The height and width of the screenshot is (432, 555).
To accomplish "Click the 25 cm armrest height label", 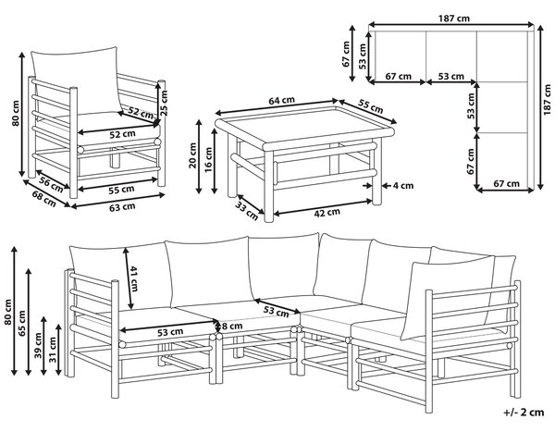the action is coord(164,103).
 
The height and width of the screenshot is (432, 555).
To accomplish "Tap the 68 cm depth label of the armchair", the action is coord(43,199).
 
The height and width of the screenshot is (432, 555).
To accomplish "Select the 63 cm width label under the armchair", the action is coord(122,207).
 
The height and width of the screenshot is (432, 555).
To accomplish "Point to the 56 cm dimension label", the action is coord(51,184).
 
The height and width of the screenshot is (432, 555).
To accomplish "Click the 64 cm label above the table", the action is coord(281,101).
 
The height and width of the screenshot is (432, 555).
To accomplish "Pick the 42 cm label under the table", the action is coord(327,213).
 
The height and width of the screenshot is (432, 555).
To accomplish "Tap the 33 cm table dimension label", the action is coord(247,211).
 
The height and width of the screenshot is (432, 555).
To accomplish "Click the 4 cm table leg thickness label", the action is coord(402,186).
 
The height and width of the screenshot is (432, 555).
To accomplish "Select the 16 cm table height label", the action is coord(209,160).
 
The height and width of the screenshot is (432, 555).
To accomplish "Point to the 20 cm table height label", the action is coord(193,155).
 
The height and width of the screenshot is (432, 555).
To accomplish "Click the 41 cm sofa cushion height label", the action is coord(133,278).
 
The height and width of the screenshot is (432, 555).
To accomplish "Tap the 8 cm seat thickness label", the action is coord(232,326).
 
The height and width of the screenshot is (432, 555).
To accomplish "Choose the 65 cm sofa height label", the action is coord(22,323).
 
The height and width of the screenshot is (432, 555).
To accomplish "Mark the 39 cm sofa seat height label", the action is coord(38,345).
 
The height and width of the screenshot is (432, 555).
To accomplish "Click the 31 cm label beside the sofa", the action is coord(53,350).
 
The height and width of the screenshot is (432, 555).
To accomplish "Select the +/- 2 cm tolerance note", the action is coord(524,413).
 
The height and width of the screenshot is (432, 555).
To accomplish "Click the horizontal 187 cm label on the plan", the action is coord(454,19).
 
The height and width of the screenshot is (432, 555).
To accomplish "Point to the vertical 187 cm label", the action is coord(548,99).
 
